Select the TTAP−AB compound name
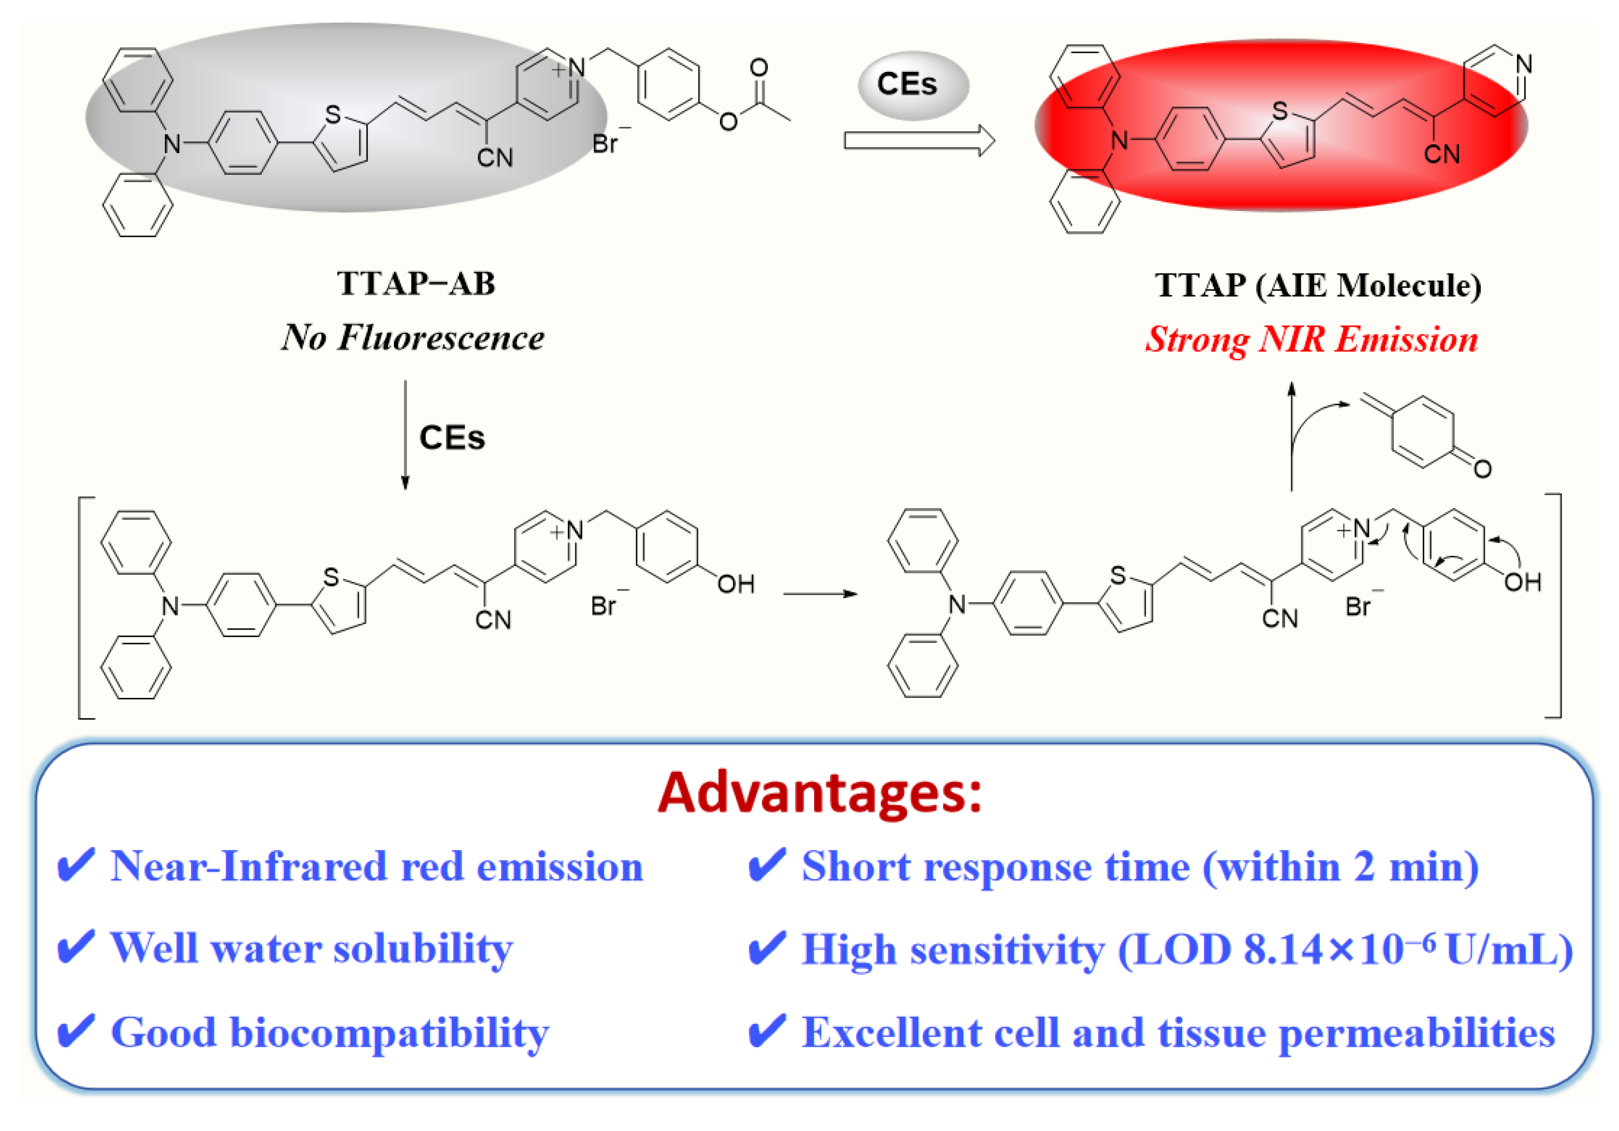pyautogui.click(x=416, y=284)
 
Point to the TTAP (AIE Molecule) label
pyautogui.click(x=1318, y=286)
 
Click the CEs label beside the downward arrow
pyautogui.click(x=452, y=438)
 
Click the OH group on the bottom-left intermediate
pyautogui.click(x=735, y=584)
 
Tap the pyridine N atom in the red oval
pyautogui.click(x=1524, y=65)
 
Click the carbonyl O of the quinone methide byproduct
pyautogui.click(x=1482, y=469)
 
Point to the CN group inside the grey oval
pyautogui.click(x=494, y=158)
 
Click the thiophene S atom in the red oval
pyautogui.click(x=1280, y=111)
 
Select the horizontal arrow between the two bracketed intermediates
pyautogui.click(x=819, y=593)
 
